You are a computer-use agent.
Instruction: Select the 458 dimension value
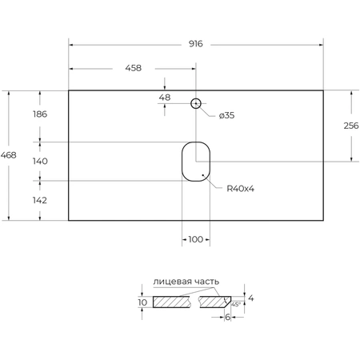coord(133,68)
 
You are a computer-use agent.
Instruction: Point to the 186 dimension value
coord(40,114)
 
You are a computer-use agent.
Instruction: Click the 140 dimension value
coord(40,162)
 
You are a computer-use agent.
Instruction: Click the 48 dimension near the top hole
coord(165,98)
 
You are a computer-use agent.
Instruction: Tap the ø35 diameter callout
coord(226,115)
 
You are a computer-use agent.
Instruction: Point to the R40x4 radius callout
coord(240,189)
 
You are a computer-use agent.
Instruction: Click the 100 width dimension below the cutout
coord(195,239)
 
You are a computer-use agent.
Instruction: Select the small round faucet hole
coord(195,103)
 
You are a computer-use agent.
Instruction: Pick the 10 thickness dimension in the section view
coord(142,302)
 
